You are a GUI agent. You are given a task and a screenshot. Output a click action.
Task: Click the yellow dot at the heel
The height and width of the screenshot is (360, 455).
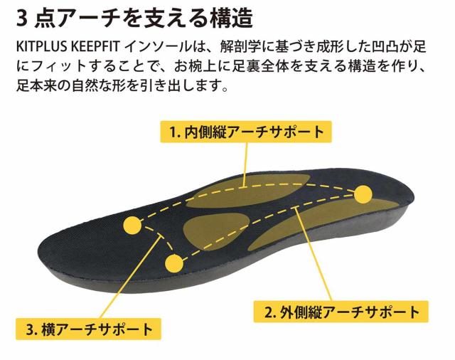pyautogui.click(x=363, y=194)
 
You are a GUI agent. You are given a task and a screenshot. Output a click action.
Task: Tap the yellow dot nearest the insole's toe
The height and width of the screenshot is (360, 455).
pyautogui.click(x=132, y=226)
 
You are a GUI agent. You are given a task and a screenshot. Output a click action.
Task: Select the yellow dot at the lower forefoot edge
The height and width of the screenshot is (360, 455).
pyautogui.click(x=174, y=264)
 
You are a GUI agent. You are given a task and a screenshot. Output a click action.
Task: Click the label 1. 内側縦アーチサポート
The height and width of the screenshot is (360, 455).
pyautogui.click(x=246, y=132)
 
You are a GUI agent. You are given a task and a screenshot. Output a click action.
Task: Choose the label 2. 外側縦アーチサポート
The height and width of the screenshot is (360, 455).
pyautogui.click(x=341, y=312)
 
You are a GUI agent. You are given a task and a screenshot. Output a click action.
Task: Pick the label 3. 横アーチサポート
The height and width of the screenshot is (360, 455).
pyautogui.click(x=88, y=329)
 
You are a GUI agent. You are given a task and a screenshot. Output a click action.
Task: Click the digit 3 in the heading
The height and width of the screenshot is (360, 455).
pyautogui.click(x=22, y=18)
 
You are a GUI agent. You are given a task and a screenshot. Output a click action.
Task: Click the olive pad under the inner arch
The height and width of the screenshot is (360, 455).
pyautogui.click(x=247, y=191)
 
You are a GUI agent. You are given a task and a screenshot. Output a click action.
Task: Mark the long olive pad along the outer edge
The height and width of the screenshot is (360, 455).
pyautogui.click(x=322, y=223)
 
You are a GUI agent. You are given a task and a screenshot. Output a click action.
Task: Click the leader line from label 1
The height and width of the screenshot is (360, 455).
pyautogui.click(x=246, y=164)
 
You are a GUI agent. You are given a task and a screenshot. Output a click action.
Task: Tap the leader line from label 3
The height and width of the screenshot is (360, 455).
pyautogui.click(x=130, y=278)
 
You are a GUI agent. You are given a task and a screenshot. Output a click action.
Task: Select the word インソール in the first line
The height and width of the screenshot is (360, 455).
pyautogui.click(x=158, y=47)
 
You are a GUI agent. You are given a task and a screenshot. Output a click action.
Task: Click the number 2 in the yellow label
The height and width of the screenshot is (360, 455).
pyautogui.click(x=268, y=312)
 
